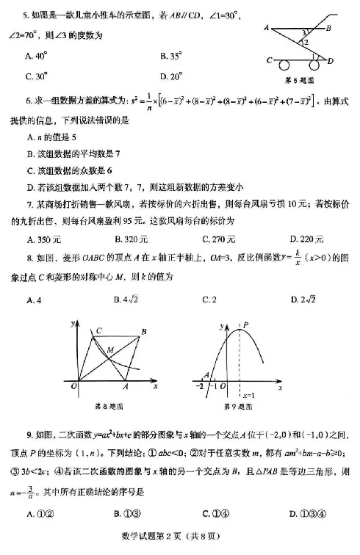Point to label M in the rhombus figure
[x=110, y=349]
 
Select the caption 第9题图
[x=239, y=405]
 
